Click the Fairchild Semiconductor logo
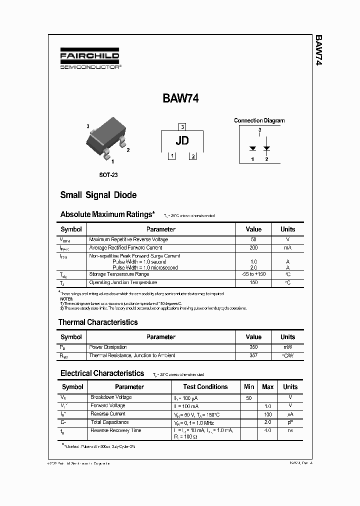click(90, 60)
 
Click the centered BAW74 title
click(180, 98)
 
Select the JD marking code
click(182, 140)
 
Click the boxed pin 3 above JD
click(182, 127)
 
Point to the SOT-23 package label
click(108, 175)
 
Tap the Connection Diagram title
click(259, 120)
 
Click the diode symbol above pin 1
click(253, 148)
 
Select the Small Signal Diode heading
click(98, 195)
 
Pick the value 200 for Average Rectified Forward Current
click(253, 247)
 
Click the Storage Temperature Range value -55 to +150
click(253, 274)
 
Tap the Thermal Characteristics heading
click(98, 322)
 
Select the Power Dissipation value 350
click(253, 347)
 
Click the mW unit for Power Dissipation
click(287, 347)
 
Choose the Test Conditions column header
click(205, 386)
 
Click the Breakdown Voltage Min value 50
click(248, 397)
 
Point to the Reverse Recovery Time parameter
click(115, 430)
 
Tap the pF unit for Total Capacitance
click(290, 422)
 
